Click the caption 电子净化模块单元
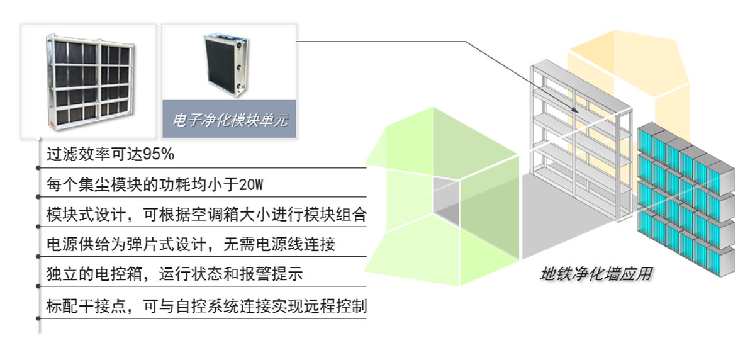point(230,120)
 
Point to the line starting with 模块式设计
point(206,214)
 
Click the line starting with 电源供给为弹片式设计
point(191,244)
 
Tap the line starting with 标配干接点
point(206,307)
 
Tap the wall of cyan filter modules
point(686,201)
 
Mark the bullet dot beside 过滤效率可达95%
point(38,168)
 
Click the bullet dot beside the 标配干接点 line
point(38,318)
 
